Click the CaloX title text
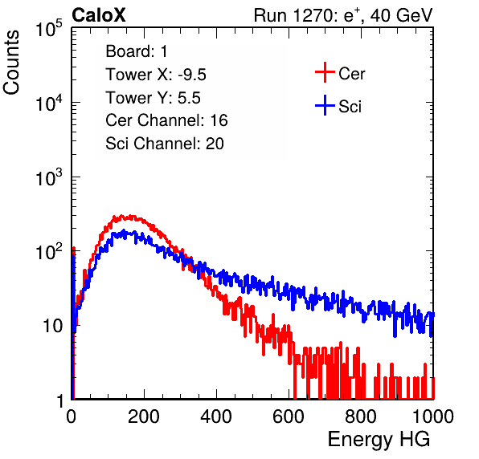pos(98,15)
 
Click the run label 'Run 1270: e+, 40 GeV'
pos(343,15)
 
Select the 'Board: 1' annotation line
pos(137,51)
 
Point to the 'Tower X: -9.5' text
pos(156,75)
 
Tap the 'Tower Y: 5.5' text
pos(153,98)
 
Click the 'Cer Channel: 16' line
pos(166,120)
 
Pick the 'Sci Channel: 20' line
pos(165,144)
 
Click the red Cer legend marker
pos(325,72)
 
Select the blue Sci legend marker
pos(325,106)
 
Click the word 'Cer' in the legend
pos(351,74)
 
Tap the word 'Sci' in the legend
pos(350,107)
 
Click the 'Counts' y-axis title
pos(11,63)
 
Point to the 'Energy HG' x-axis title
pos(379,440)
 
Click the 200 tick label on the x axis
pos(144,416)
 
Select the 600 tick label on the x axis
pos(289,416)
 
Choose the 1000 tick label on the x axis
pos(433,416)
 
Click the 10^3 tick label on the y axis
pos(49,177)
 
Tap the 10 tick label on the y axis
pos(52,327)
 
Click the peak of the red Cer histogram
pos(121,215)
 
